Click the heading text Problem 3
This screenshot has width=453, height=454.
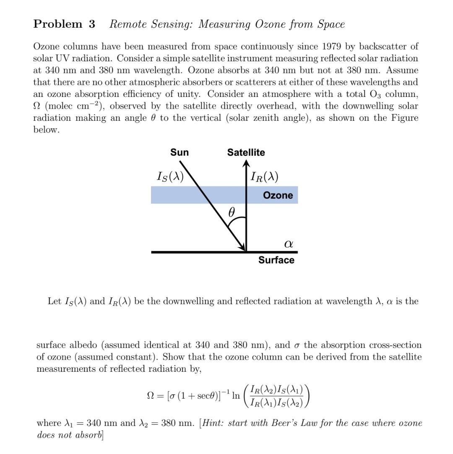tap(64, 24)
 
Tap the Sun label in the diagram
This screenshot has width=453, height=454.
tap(180, 153)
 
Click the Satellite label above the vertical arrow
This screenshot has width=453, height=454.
tap(246, 153)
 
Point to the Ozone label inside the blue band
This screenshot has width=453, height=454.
tap(278, 196)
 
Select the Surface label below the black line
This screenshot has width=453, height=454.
tap(276, 260)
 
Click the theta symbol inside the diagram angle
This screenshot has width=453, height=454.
tap(231, 212)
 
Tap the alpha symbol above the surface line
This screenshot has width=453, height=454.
tap(288, 243)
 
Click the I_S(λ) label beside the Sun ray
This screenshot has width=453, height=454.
tap(170, 177)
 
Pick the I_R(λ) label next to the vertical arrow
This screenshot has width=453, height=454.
tap(264, 177)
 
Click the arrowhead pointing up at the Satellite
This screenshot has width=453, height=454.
tap(246, 164)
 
